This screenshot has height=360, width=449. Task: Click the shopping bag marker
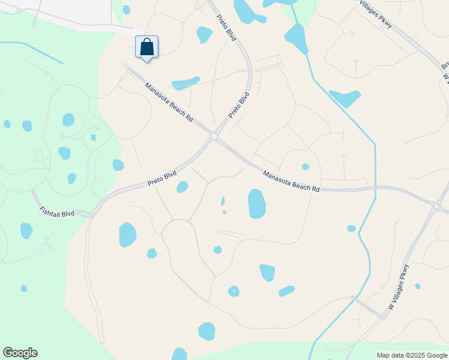pos(147,47)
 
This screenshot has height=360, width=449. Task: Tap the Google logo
pos(20,353)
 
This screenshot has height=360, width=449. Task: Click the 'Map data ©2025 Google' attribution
pos(412,355)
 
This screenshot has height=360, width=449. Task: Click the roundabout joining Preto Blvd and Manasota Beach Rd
pos(214,137)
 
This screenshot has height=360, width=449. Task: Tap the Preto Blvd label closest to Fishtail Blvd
pos(162,179)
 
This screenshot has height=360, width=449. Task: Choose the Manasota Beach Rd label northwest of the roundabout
pos(169,103)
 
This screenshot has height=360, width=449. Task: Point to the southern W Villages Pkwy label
pos(399,287)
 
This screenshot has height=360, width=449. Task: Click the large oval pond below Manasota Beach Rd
pos(257,203)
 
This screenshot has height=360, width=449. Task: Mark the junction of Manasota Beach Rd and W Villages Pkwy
pos(437,206)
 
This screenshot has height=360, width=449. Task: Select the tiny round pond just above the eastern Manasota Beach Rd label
pos(306,167)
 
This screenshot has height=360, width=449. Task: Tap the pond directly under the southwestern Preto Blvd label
pos(182,187)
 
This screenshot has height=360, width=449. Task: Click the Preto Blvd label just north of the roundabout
pos(238,104)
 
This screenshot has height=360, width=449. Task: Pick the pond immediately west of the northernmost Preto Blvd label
pos(204,35)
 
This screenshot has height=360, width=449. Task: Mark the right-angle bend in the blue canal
pos(375,144)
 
